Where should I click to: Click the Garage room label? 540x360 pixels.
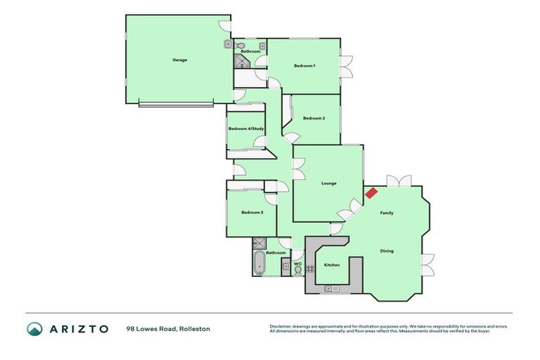(x=180, y=60)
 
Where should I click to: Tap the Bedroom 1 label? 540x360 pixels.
(x=304, y=65)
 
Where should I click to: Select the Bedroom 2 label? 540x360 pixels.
(x=314, y=118)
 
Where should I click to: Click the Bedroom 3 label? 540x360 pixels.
(x=252, y=212)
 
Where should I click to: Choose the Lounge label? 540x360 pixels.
(x=329, y=184)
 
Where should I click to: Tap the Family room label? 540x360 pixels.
(x=387, y=212)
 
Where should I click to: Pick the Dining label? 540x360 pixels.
(x=387, y=251)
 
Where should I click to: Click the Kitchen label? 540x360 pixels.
(x=332, y=265)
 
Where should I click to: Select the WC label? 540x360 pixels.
(x=297, y=264)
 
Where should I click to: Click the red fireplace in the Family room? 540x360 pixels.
(x=371, y=192)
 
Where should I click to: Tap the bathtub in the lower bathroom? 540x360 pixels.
(x=258, y=264)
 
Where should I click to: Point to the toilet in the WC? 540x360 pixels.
(x=297, y=271)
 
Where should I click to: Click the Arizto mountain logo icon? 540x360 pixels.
(x=34, y=328)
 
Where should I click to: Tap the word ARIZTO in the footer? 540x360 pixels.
(x=78, y=328)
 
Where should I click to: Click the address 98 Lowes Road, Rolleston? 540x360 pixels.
(x=168, y=328)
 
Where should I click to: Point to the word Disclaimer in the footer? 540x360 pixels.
(x=281, y=326)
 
